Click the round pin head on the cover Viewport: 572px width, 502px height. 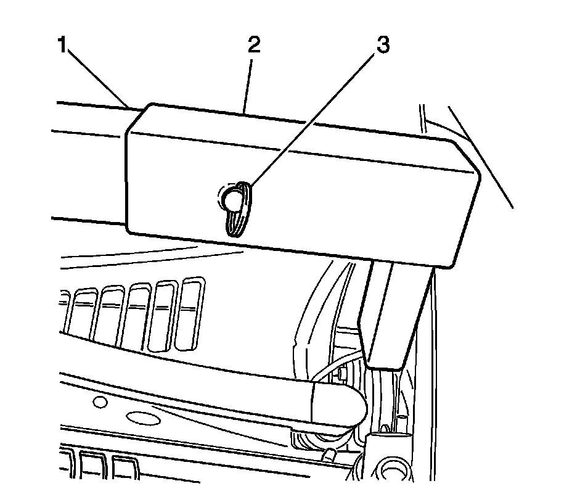point(234,199)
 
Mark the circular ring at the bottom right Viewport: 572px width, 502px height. point(393,472)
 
